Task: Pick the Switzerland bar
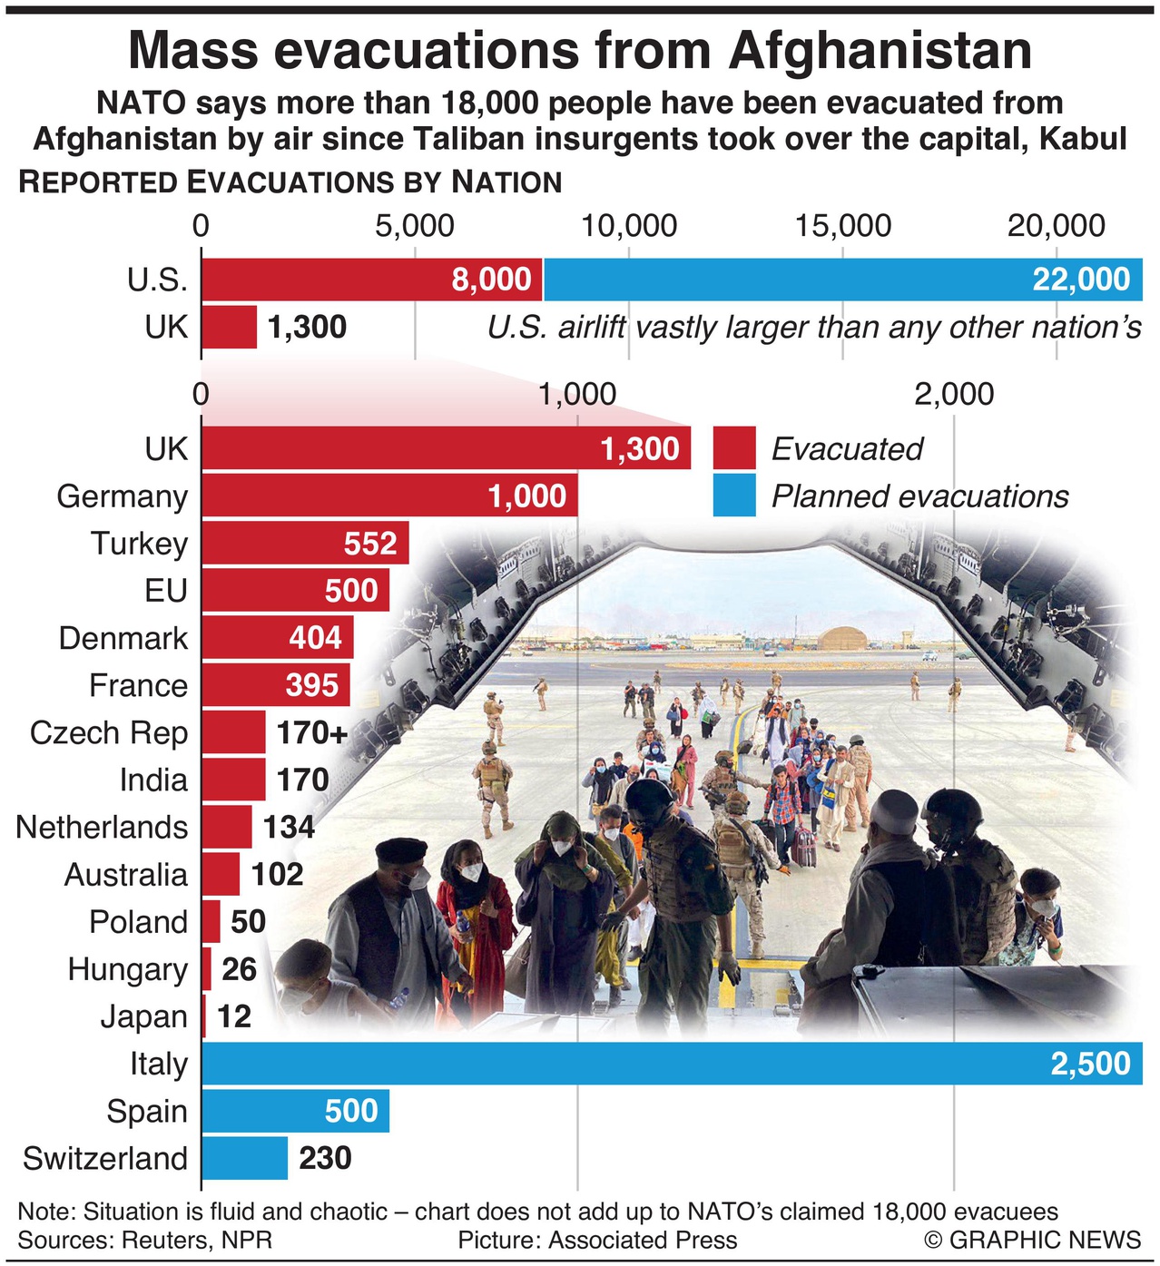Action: [244, 1158]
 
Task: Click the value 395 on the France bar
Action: [312, 685]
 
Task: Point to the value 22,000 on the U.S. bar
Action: [1081, 280]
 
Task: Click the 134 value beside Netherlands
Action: [289, 827]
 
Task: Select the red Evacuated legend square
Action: [734, 448]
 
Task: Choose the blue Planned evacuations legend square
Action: [734, 496]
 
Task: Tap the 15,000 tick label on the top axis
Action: [843, 226]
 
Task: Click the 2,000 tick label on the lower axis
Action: [954, 395]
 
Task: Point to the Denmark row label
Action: [123, 638]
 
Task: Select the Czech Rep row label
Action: [109, 732]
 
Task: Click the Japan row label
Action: [143, 1016]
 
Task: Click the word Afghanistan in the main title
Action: [880, 51]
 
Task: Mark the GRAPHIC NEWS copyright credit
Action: [1033, 1240]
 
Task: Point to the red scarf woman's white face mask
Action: [470, 872]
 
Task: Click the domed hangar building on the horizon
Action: [848, 636]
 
